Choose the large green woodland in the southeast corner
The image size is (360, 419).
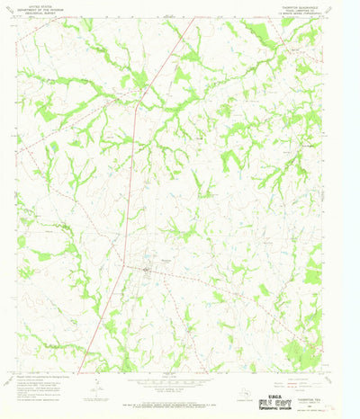(301, 351)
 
